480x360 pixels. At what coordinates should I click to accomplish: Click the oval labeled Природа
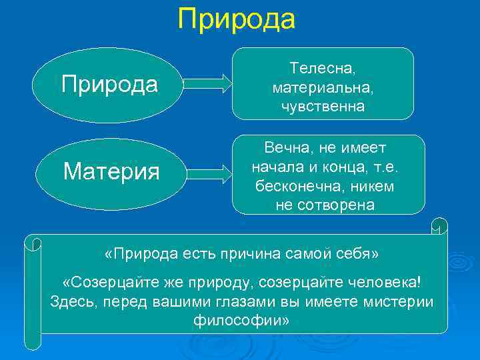point(109,85)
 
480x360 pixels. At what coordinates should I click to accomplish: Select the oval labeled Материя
point(111,172)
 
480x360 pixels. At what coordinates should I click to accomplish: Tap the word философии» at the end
point(241,321)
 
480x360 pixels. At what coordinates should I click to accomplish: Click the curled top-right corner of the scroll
point(439,227)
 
